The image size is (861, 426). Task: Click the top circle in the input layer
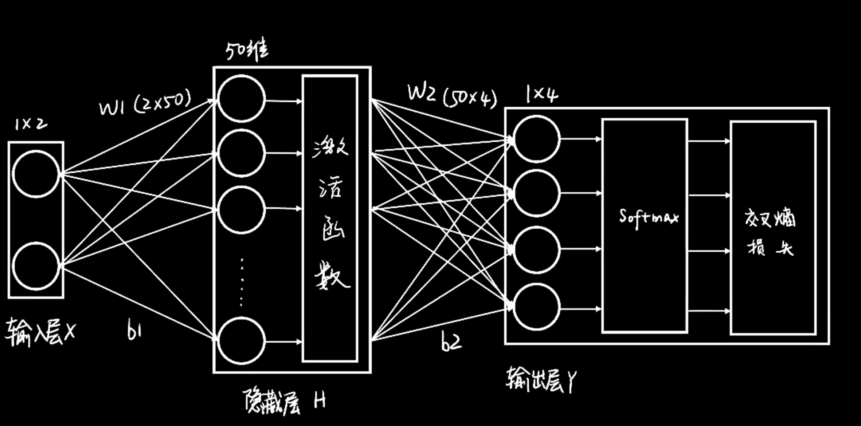point(36,174)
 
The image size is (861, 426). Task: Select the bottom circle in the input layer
point(36,266)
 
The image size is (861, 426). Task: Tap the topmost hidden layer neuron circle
point(241,98)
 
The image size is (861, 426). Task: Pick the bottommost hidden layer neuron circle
point(241,340)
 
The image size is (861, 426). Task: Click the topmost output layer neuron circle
point(536,139)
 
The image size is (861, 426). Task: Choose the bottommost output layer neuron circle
point(536,307)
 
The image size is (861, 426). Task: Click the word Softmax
point(649,217)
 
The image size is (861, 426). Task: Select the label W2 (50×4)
point(452,95)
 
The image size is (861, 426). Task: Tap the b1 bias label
point(134,330)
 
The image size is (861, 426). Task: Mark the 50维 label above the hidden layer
point(247,51)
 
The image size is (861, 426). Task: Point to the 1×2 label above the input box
point(31,124)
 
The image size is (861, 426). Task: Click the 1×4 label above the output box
point(542,94)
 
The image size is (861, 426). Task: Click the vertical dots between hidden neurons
point(242,282)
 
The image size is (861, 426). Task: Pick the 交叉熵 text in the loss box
point(770,218)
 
